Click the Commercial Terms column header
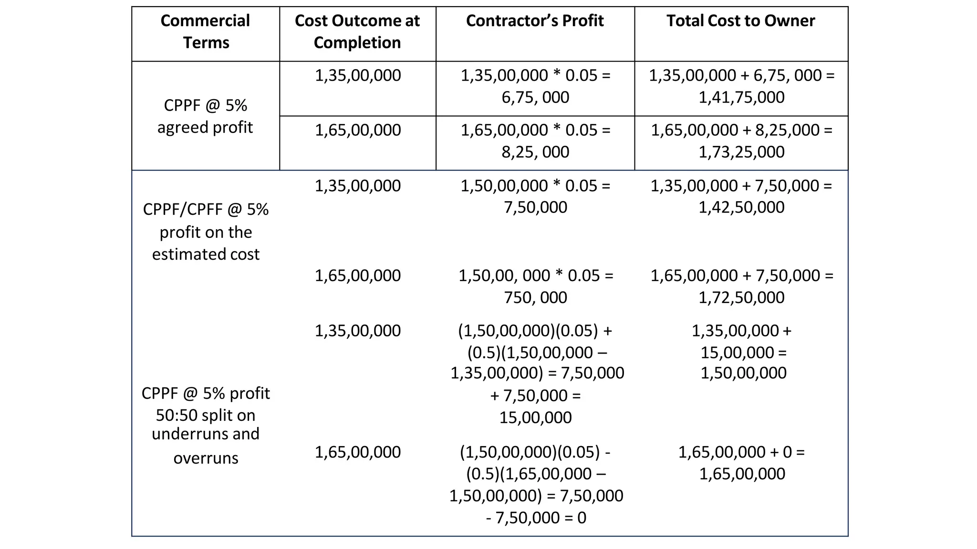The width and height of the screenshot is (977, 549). click(206, 31)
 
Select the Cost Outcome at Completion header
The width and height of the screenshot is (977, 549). click(357, 31)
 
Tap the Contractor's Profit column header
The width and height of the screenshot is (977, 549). click(535, 21)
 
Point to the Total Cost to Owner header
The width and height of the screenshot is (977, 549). click(741, 21)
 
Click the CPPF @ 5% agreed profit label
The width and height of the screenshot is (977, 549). click(205, 116)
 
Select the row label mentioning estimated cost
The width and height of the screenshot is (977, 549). click(206, 232)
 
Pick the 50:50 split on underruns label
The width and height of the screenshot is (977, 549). click(206, 424)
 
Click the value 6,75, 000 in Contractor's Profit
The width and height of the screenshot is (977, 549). click(535, 97)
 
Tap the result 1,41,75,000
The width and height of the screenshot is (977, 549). click(741, 97)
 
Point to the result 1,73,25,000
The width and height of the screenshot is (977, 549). click(741, 152)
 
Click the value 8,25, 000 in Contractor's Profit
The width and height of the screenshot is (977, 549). click(535, 152)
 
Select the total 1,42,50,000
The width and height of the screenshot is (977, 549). click(741, 207)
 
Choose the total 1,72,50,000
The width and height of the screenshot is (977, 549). click(741, 297)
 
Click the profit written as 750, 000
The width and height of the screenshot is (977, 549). click(535, 297)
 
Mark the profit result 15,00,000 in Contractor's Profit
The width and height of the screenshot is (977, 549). click(535, 417)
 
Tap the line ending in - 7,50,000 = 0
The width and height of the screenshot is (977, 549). click(536, 518)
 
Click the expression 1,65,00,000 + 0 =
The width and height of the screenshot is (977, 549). click(741, 452)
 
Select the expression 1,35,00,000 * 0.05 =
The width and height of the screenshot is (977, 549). click(535, 75)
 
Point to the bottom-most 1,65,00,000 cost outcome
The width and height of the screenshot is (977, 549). click(357, 452)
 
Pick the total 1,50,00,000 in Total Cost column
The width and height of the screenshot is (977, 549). click(743, 373)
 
